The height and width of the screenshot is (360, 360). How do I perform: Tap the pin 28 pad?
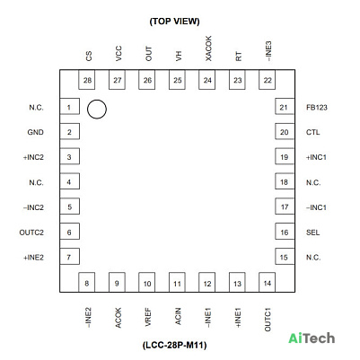tap(87, 80)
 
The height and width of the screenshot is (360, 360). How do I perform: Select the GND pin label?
tap(36, 132)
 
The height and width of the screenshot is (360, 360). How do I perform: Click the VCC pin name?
tap(119, 54)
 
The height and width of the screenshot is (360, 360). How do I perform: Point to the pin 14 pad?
tap(267, 282)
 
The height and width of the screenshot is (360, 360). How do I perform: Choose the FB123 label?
tap(317, 108)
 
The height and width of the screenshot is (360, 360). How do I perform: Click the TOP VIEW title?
tap(174, 22)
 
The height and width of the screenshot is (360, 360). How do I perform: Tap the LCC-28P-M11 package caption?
tap(174, 345)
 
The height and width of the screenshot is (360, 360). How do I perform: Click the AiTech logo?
tap(312, 338)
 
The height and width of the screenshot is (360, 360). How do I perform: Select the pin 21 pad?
tap(285, 107)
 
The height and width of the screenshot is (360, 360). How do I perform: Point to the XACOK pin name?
tap(208, 48)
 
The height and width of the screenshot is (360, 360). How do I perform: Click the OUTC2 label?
tap(31, 233)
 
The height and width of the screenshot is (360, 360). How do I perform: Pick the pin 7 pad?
tap(69, 257)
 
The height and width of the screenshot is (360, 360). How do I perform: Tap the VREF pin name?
tap(148, 317)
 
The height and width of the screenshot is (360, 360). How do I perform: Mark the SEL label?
tap(312, 233)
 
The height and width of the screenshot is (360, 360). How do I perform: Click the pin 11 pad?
tap(177, 282)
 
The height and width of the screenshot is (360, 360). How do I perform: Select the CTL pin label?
tap(312, 132)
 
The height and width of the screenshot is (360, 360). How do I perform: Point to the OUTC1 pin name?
tap(268, 320)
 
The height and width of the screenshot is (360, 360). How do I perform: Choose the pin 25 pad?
tap(177, 80)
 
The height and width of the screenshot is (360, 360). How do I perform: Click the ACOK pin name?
tap(119, 318)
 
